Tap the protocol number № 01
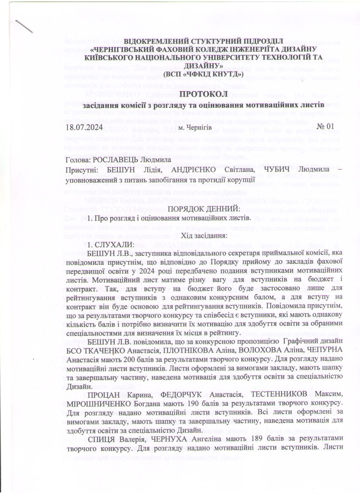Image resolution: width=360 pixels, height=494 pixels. [x=325, y=126]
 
